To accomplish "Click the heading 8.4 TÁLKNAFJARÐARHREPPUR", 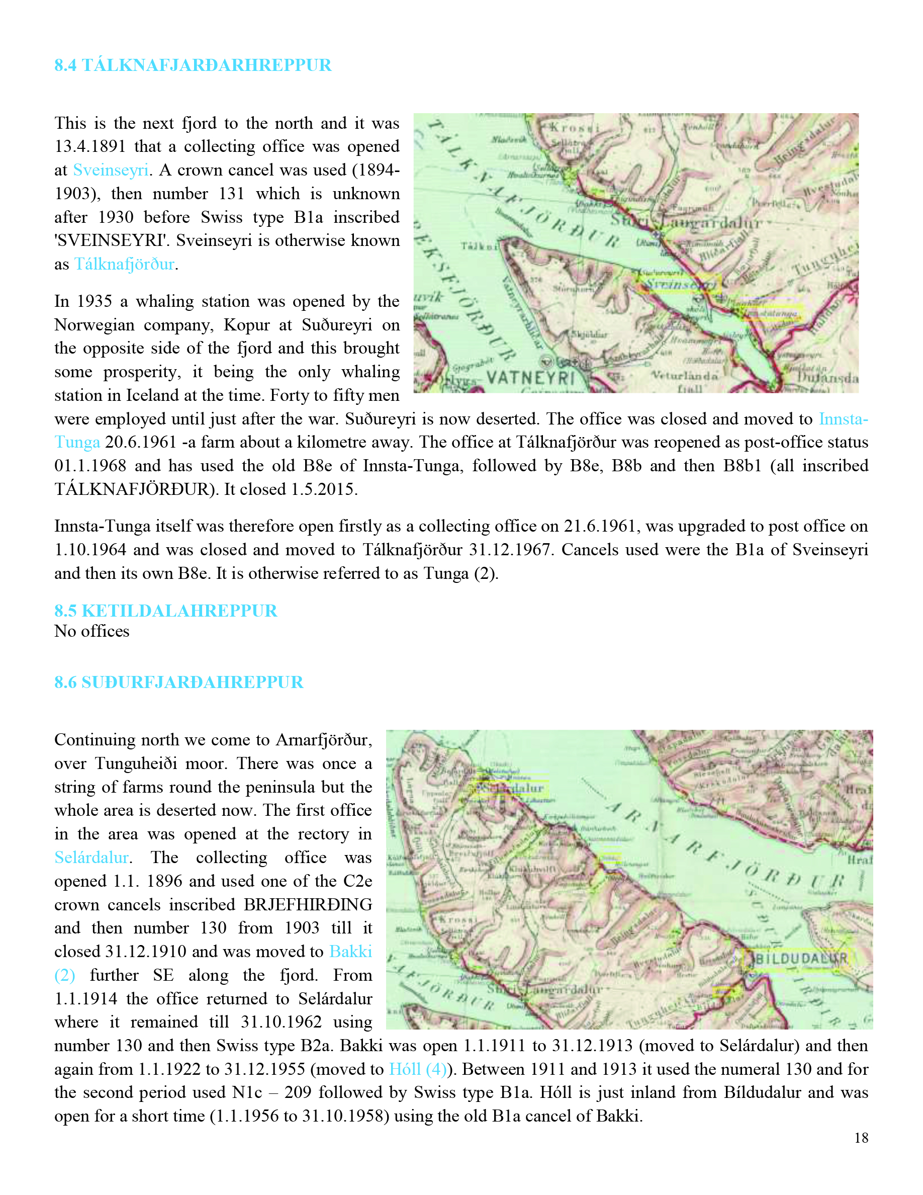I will (193, 65).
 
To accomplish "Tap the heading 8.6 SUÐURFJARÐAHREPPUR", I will (178, 682).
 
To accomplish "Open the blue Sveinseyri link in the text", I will (111, 170).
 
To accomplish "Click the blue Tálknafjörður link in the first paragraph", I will (124, 264).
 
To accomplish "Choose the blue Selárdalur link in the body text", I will (91, 858).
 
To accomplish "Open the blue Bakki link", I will (350, 952).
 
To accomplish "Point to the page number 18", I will (861, 1138).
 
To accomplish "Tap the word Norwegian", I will (93, 325).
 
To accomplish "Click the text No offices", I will (92, 631).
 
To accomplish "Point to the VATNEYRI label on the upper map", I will (530, 378).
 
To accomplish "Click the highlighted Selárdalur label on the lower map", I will (513, 789).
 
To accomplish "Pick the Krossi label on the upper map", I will (574, 128).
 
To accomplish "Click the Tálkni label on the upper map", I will (479, 246).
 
